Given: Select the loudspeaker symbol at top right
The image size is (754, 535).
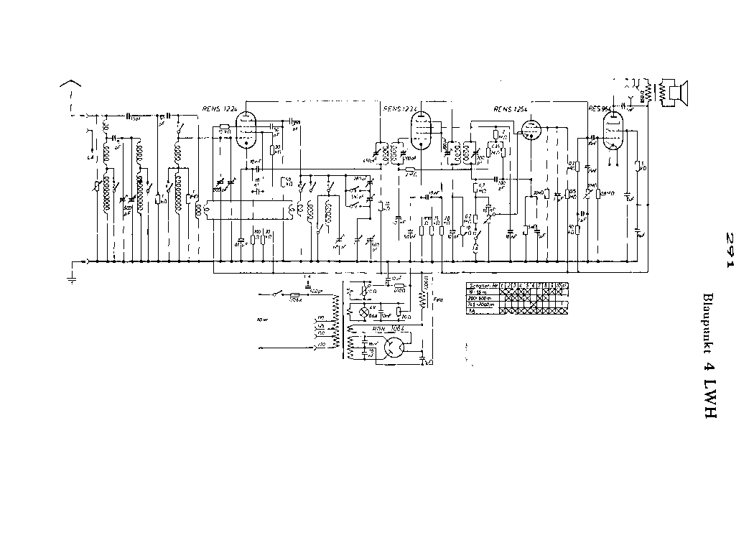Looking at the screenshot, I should pyautogui.click(x=676, y=93).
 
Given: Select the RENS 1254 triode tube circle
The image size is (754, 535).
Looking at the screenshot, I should pyautogui.click(x=530, y=131).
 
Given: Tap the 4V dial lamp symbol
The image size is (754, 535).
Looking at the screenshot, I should pyautogui.click(x=363, y=314).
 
